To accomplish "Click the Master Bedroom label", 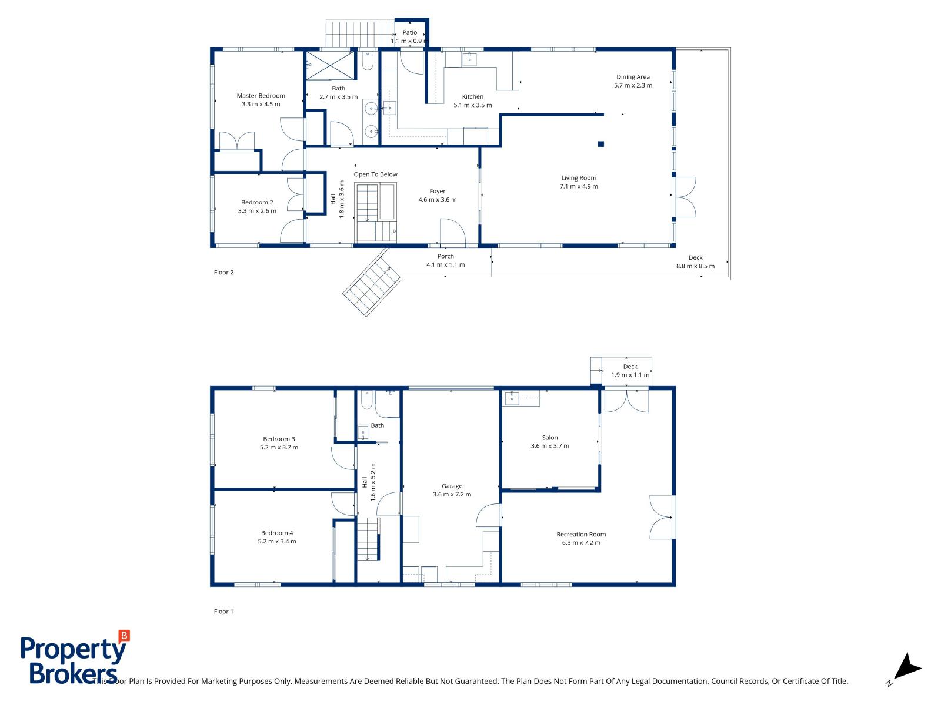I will pos(261,96).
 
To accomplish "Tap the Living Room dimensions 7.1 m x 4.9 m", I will pos(579,187).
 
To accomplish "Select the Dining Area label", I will pos(633,77).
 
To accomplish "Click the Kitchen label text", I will pos(472,97).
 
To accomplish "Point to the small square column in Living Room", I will pos(600,144).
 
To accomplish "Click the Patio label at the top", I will pos(409,33).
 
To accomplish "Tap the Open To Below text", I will pos(375,174).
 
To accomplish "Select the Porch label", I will pos(445,256).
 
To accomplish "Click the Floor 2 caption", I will pos(223,273).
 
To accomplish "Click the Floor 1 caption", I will pos(223,612).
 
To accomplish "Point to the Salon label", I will pos(550,438).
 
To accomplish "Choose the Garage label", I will pos(452,486).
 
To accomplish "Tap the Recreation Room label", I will pos(581,535).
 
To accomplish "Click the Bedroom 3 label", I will pos(279,439).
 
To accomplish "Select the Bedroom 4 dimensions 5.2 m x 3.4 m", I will pos(277,542).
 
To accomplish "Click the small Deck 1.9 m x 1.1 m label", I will pos(630,371).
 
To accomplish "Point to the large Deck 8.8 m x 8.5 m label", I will pos(695,262).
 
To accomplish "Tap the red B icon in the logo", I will pos(124,635).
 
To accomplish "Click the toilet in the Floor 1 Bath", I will pos(366,401).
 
